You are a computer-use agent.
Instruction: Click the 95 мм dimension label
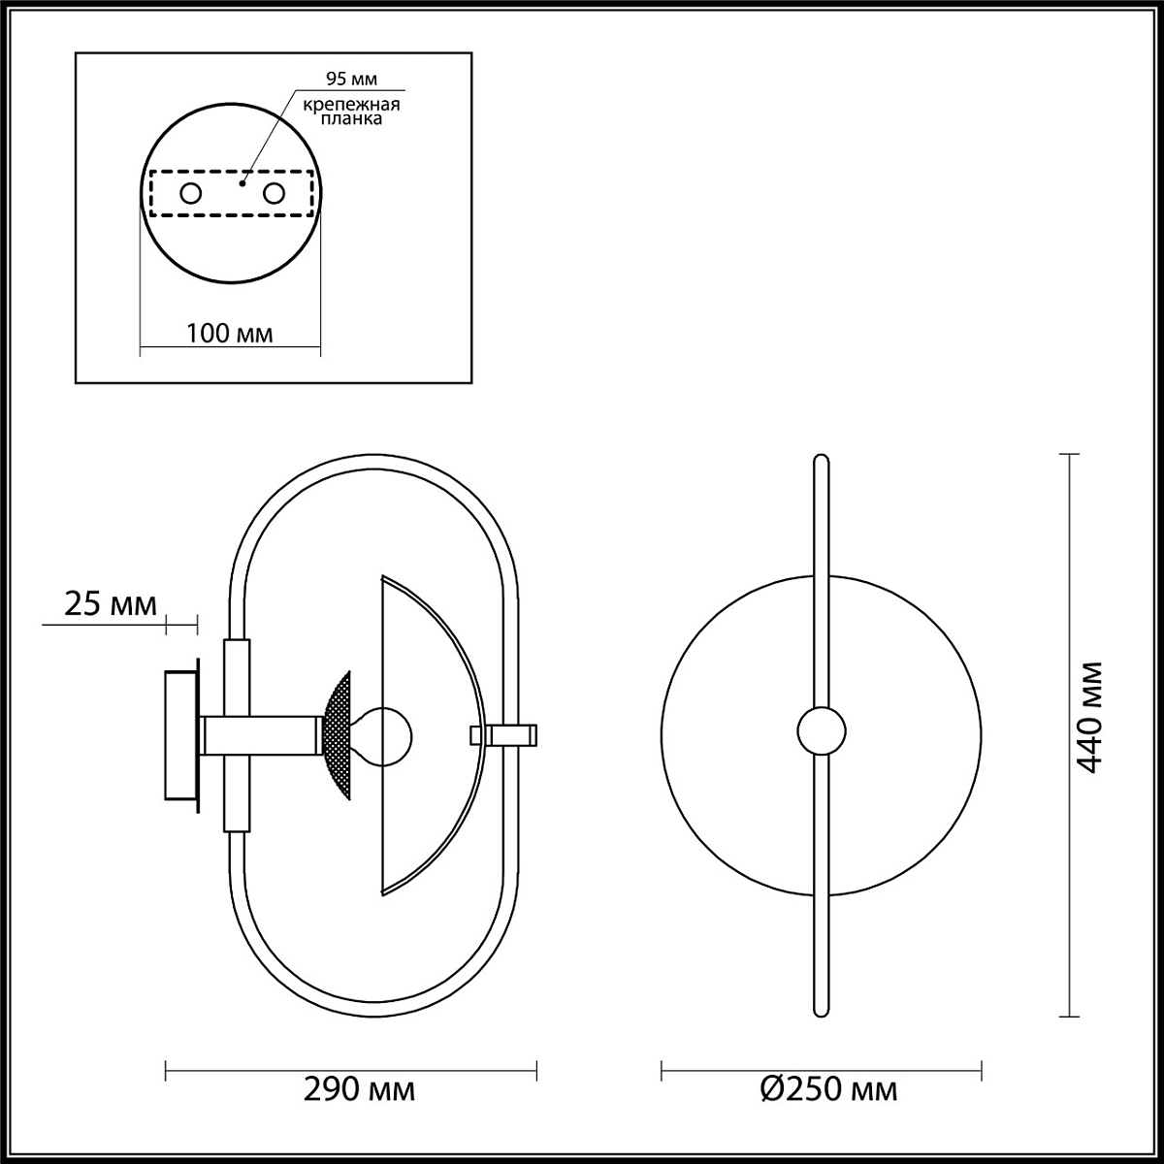pos(351,79)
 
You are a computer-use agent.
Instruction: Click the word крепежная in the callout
pos(351,105)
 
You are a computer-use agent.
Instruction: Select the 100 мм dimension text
pos(230,333)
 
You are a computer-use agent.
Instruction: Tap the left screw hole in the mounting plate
pos(191,194)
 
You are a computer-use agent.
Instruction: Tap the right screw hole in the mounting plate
pos(274,194)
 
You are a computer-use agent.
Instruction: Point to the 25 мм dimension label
pos(111,604)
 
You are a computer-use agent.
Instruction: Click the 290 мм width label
pos(360,1090)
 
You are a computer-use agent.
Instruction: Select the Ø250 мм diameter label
pos(828,1090)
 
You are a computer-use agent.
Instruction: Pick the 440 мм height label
pos(1090,718)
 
